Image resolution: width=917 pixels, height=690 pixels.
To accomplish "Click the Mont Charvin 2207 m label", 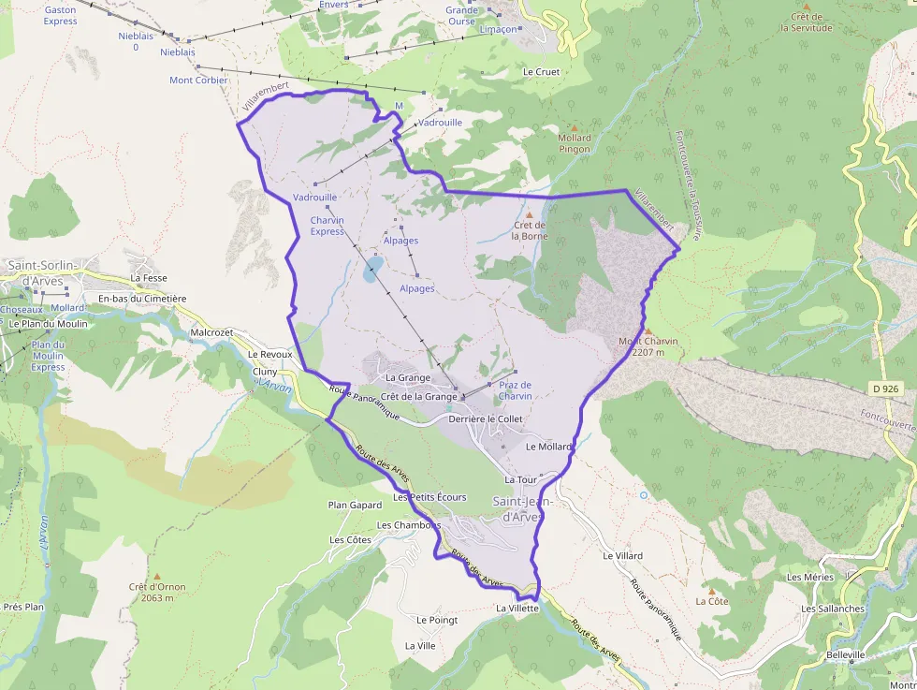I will click(648, 347).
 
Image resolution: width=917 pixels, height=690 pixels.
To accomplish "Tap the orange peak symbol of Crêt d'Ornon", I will click(157, 576).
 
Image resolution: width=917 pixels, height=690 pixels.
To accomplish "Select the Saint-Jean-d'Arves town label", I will click(523, 508).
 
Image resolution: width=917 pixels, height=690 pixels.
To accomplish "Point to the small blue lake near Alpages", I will click(371, 273).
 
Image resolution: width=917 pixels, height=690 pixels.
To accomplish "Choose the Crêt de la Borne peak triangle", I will click(529, 216).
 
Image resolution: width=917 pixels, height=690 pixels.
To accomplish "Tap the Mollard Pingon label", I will click(575, 143).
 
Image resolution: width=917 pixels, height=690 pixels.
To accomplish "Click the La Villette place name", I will click(517, 608).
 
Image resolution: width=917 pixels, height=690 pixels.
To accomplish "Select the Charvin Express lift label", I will click(327, 226).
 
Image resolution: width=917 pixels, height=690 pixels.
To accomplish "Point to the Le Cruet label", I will click(541, 71).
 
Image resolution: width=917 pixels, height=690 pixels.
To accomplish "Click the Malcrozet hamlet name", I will click(211, 331).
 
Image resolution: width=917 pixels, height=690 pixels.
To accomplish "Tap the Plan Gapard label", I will click(355, 505).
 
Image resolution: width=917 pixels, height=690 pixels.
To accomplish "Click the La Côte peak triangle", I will click(712, 591).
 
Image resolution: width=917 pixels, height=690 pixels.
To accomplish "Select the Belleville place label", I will click(846, 654).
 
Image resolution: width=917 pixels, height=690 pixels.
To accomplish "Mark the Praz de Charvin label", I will click(515, 390).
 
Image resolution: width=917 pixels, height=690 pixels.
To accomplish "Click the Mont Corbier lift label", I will click(198, 81).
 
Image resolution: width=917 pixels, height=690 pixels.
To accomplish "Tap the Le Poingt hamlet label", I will click(437, 620).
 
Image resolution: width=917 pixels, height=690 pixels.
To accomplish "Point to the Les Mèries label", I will click(810, 577).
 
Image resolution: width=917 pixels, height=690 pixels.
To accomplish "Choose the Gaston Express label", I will click(61, 16).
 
